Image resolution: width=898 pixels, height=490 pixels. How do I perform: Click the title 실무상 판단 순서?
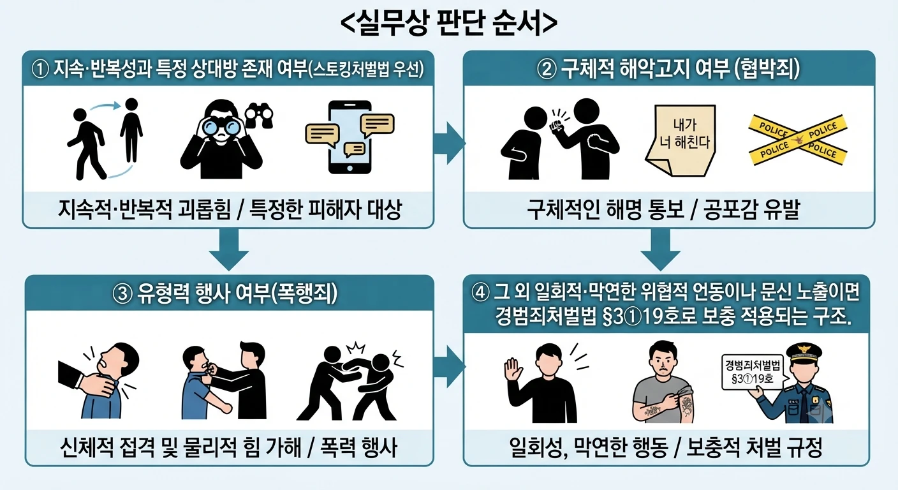click(x=448, y=22)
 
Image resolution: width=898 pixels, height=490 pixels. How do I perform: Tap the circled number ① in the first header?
click(x=40, y=70)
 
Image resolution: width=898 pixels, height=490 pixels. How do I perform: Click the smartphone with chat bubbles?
click(x=350, y=137)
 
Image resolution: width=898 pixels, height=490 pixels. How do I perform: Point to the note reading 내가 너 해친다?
click(x=681, y=140)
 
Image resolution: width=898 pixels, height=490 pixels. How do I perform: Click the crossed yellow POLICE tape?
click(x=798, y=140)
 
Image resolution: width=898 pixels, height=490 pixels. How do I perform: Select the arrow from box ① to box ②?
click(x=450, y=143)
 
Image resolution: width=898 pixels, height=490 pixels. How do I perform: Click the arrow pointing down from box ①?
click(x=229, y=249)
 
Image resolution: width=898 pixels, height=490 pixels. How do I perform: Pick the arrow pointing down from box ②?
click(x=660, y=249)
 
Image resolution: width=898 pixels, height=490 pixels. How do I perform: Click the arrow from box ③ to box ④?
click(x=450, y=366)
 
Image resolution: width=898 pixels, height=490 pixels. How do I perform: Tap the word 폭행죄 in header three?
click(x=304, y=293)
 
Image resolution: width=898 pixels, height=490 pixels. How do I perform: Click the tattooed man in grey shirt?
click(x=664, y=382)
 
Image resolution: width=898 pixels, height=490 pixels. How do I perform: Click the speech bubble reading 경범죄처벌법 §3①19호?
click(x=753, y=372)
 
